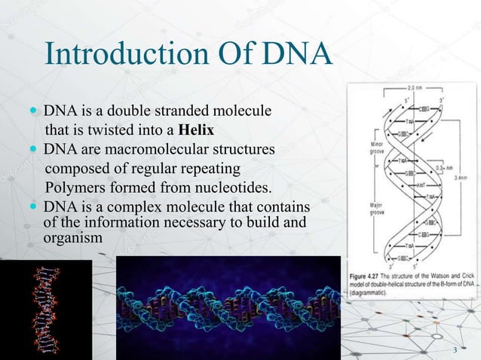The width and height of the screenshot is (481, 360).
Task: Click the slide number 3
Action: [x=455, y=350]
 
